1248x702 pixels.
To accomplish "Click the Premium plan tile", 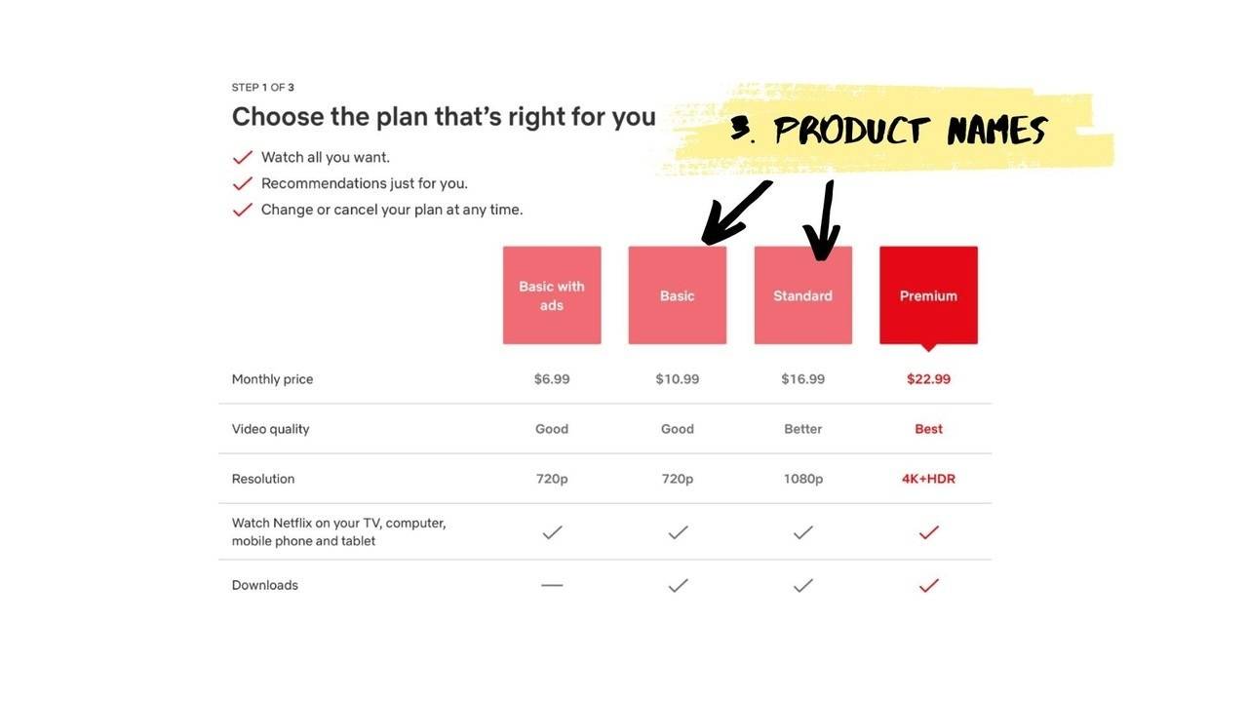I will click(x=928, y=294).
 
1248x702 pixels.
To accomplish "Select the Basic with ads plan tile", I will click(x=552, y=294).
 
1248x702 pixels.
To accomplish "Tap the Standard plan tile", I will click(x=802, y=294).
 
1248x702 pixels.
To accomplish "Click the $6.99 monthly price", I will click(x=552, y=379).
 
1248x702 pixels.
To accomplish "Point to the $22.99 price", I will click(x=928, y=379).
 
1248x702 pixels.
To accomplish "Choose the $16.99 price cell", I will click(x=802, y=379).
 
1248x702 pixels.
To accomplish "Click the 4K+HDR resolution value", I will click(x=928, y=479).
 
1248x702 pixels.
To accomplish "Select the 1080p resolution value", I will click(x=802, y=479).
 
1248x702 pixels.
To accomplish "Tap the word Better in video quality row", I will click(x=802, y=429).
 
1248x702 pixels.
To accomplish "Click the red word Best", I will click(x=928, y=429).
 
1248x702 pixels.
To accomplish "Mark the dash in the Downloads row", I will click(x=552, y=585).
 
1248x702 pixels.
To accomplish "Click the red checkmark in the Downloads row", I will click(x=928, y=585).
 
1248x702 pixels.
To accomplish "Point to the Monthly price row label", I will click(x=272, y=379).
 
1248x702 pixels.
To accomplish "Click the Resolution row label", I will click(x=263, y=479).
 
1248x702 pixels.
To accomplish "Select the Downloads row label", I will click(x=265, y=585).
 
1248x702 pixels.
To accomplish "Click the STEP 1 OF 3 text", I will click(x=262, y=88).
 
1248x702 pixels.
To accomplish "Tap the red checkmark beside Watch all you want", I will click(x=243, y=157).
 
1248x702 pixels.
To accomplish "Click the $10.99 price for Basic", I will click(x=677, y=379).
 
